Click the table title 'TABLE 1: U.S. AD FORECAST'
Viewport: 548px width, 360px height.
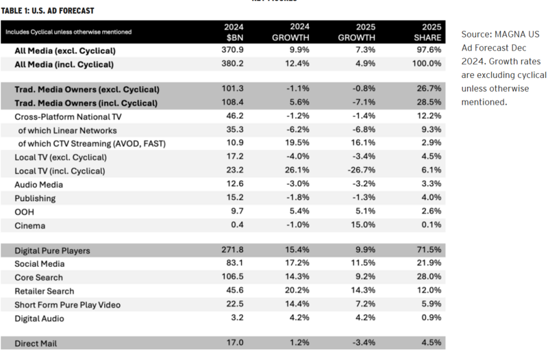click(x=47, y=10)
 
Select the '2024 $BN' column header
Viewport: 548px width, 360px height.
click(x=234, y=31)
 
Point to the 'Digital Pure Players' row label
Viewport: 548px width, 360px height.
click(x=53, y=250)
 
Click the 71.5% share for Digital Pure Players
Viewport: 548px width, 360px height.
click(x=429, y=250)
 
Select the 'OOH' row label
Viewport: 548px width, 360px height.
click(x=25, y=211)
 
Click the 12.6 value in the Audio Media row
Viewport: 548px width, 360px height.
click(x=237, y=184)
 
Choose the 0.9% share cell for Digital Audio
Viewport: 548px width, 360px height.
click(x=432, y=318)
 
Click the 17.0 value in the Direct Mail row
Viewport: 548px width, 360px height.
click(x=237, y=342)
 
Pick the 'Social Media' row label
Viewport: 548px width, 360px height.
click(x=40, y=263)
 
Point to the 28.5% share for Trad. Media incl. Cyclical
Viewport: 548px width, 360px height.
click(x=429, y=103)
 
